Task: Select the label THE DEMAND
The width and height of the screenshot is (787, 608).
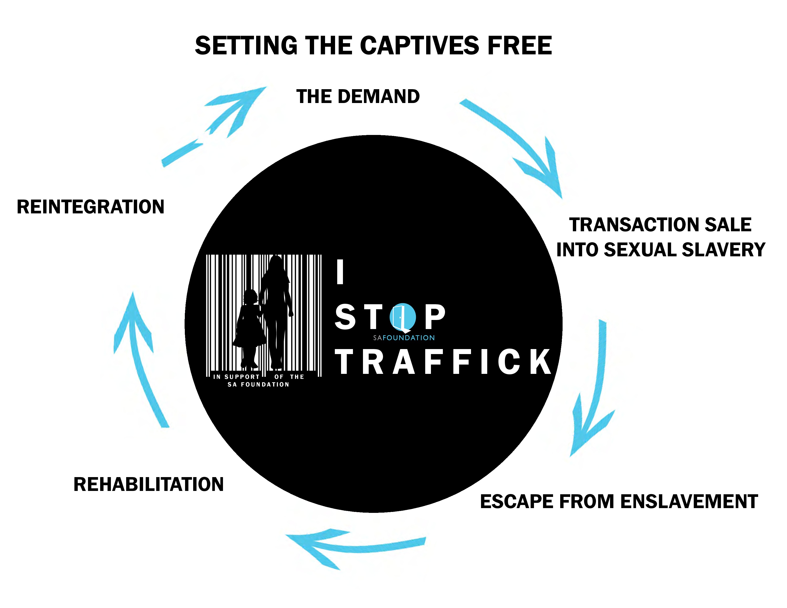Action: [358, 97]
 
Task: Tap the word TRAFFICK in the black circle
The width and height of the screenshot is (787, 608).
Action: [443, 362]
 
